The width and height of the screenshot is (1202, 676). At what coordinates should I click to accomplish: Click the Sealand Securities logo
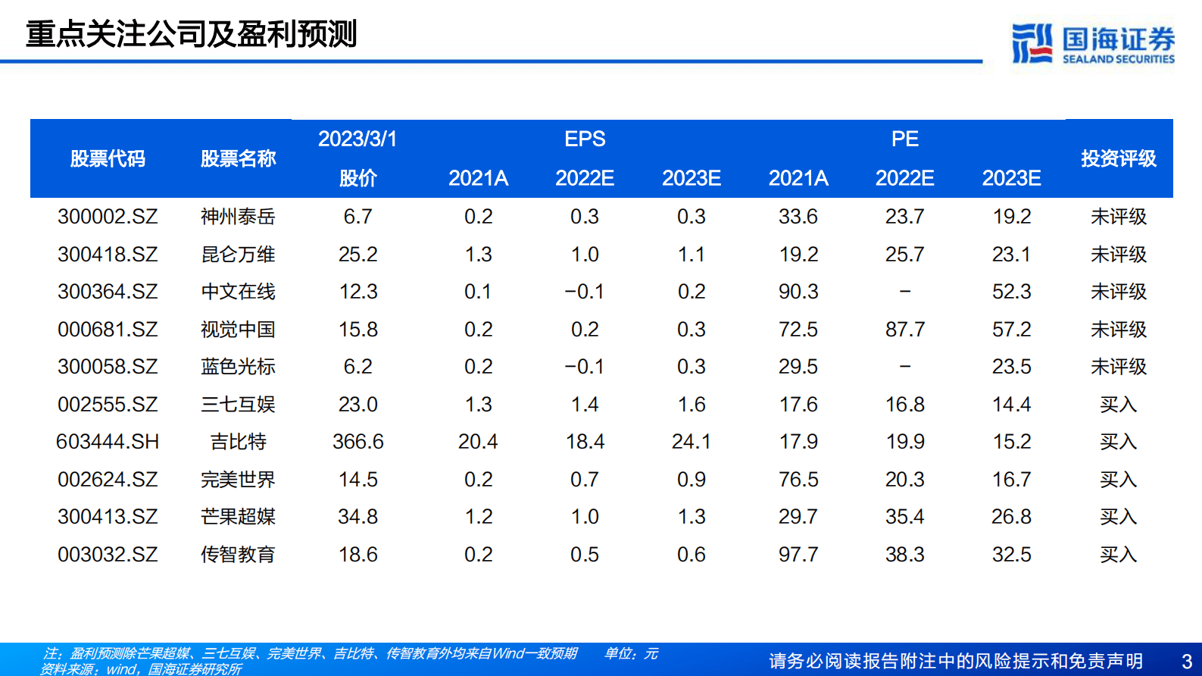click(x=1093, y=43)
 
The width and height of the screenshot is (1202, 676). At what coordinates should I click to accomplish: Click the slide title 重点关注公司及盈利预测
click(x=192, y=34)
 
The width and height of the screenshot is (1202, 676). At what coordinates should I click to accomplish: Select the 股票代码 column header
click(x=108, y=158)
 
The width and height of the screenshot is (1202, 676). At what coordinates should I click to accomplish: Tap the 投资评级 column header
click(x=1118, y=158)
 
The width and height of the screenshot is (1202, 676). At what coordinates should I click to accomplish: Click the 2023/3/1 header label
click(x=357, y=139)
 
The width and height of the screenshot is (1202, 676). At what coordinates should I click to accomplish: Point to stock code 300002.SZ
click(x=108, y=217)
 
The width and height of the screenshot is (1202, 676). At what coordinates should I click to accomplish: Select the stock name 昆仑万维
click(x=238, y=255)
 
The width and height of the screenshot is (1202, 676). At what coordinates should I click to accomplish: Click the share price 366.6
click(x=357, y=442)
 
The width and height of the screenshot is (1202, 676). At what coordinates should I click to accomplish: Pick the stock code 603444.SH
click(x=108, y=442)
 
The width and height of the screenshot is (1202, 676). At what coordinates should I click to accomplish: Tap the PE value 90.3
click(x=798, y=292)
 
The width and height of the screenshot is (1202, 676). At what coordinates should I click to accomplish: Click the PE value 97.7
click(x=798, y=555)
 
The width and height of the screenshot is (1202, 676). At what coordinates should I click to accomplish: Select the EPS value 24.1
click(x=691, y=442)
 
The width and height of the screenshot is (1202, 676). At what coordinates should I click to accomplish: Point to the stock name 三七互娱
click(x=238, y=405)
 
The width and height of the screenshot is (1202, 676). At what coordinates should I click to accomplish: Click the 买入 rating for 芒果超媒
click(x=1118, y=517)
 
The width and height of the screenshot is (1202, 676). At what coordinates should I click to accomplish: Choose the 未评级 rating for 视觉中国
click(x=1118, y=330)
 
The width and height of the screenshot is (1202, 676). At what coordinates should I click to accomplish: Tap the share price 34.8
click(x=357, y=517)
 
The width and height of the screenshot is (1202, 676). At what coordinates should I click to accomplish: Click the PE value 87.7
click(x=905, y=330)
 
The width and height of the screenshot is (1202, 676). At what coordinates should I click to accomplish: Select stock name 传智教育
click(x=238, y=555)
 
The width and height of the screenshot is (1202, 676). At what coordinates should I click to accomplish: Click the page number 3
click(x=1187, y=662)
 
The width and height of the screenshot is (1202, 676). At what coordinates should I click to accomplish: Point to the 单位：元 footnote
click(x=631, y=653)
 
